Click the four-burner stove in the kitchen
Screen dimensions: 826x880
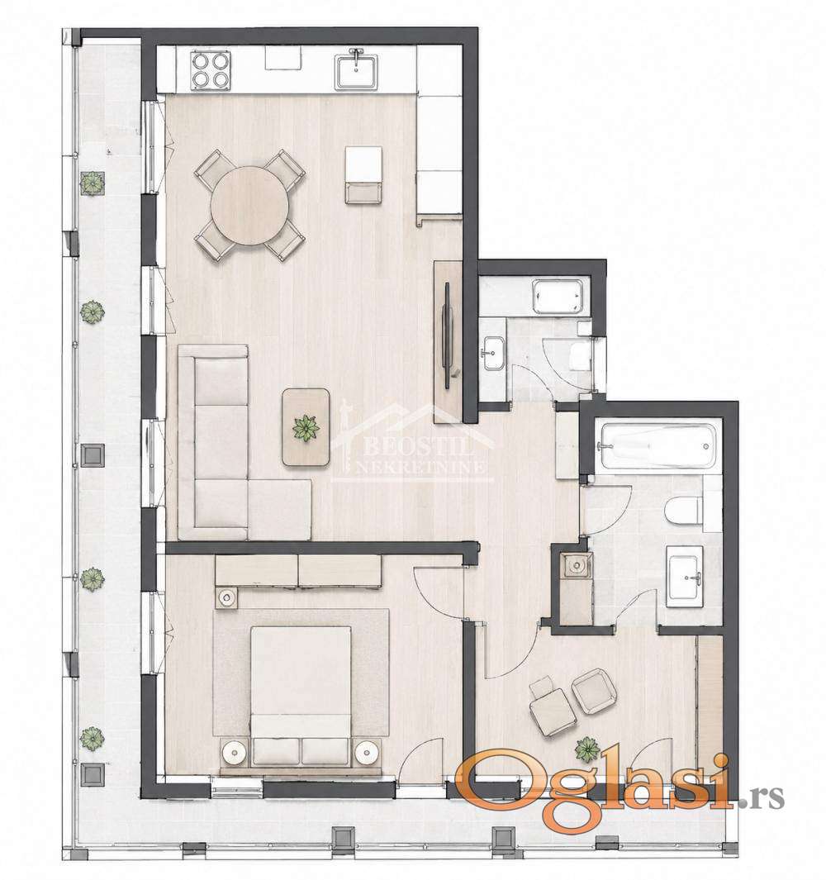click(x=211, y=70)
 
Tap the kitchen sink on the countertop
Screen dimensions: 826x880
click(x=357, y=71)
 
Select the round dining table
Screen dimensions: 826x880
click(x=249, y=206)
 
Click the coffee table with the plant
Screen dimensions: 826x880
click(x=306, y=427)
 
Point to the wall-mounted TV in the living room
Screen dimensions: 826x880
click(x=447, y=335)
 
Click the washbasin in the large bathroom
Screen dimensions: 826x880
click(x=685, y=577)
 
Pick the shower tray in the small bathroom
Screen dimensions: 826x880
click(x=559, y=297)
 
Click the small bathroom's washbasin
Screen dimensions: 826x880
click(x=493, y=353)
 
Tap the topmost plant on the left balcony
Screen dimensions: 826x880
click(x=92, y=183)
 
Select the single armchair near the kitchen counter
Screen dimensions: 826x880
click(x=363, y=174)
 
